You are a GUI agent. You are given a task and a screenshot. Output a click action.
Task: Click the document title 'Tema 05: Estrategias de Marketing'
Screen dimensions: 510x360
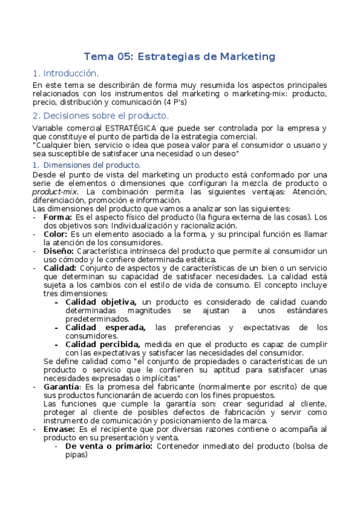coord(179,57)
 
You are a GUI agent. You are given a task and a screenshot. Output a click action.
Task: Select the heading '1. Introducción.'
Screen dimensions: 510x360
coord(66,73)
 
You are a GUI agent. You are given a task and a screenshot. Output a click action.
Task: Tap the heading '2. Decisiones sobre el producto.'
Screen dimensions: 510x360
coord(100,115)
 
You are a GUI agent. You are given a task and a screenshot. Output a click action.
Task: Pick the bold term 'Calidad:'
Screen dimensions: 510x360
coord(60,268)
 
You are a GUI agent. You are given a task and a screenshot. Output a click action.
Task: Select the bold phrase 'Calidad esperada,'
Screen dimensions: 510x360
coord(106,327)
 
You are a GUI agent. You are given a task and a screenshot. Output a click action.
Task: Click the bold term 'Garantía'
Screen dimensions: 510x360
coord(61,387)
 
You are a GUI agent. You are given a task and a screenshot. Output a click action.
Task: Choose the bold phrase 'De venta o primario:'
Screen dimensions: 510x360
coord(109,446)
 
